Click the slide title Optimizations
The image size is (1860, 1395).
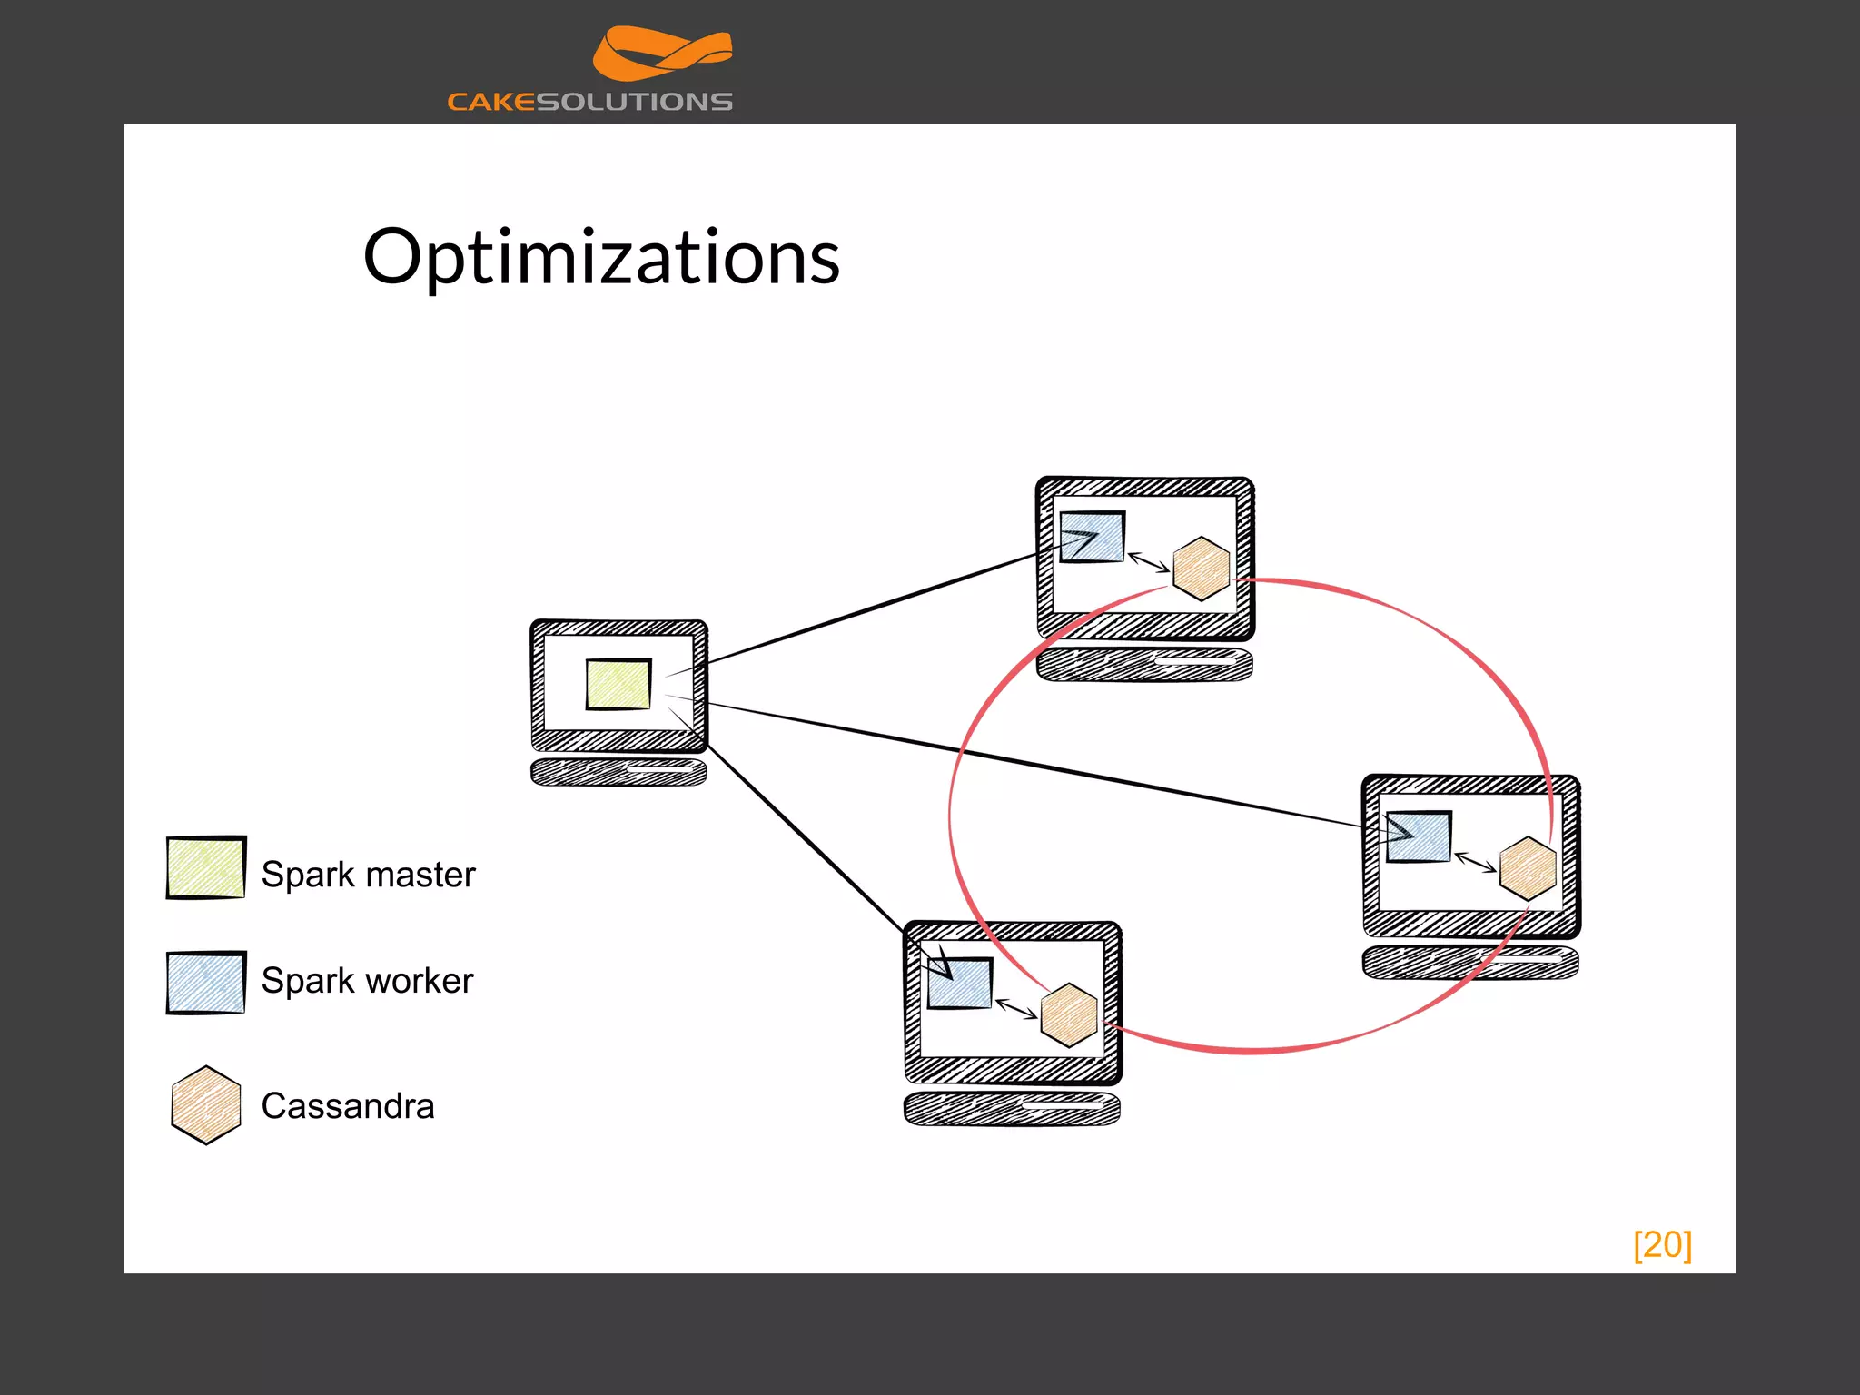[x=601, y=257]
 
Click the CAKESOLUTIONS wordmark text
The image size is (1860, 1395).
[x=589, y=102]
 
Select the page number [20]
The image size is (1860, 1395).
[x=1662, y=1244]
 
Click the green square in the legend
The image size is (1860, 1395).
[x=206, y=867]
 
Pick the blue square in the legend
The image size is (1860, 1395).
[x=206, y=982]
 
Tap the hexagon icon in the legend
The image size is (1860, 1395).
[x=206, y=1105]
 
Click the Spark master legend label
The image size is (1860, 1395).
[x=368, y=875]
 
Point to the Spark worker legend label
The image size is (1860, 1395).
[x=367, y=981]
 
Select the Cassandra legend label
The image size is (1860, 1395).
[x=348, y=1106]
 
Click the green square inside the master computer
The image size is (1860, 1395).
[x=618, y=684]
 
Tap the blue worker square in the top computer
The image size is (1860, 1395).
[x=1093, y=537]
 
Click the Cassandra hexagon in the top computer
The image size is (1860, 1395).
[x=1201, y=569]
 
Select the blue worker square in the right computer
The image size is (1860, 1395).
[x=1419, y=836]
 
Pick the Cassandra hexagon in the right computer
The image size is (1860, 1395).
[x=1528, y=869]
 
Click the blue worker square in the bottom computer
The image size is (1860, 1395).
[x=960, y=983]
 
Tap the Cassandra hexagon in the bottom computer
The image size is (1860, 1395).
[x=1068, y=1015]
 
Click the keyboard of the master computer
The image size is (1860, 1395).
[x=618, y=772]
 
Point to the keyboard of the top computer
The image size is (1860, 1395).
[x=1144, y=664]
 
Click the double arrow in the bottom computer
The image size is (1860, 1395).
[x=1016, y=1008]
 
